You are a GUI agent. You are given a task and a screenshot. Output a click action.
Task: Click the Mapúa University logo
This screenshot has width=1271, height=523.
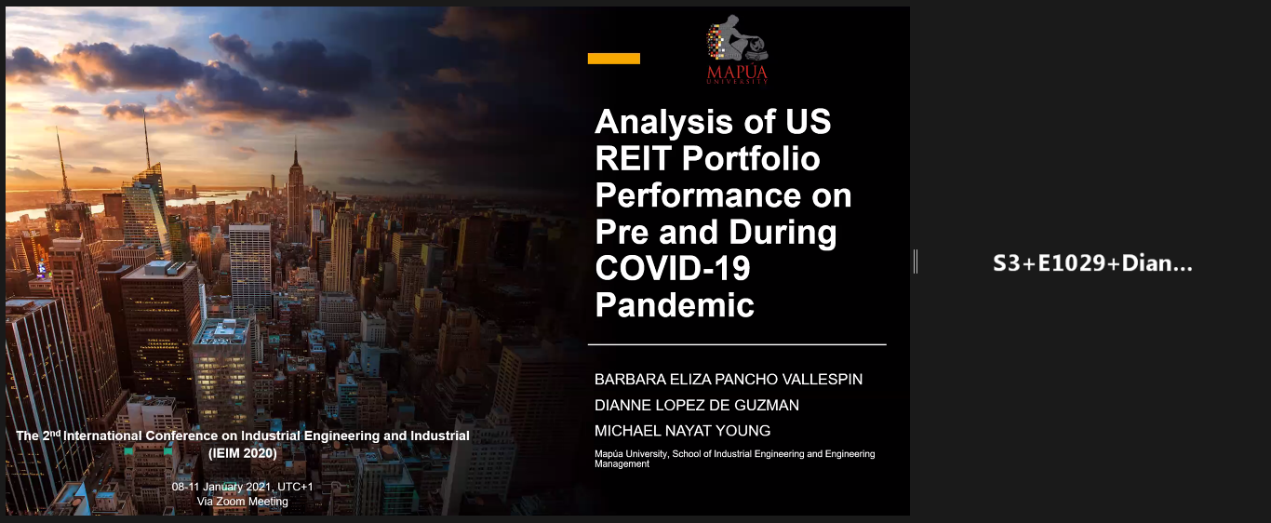click(x=737, y=49)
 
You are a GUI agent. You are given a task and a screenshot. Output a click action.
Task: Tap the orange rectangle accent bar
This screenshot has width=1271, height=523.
click(x=614, y=59)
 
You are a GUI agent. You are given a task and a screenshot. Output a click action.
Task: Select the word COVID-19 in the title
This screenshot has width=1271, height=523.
click(x=673, y=268)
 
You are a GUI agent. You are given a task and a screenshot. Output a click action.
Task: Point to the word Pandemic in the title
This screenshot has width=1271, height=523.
click(x=675, y=305)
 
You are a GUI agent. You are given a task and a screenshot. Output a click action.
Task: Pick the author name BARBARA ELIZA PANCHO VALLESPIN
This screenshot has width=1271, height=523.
click(x=729, y=379)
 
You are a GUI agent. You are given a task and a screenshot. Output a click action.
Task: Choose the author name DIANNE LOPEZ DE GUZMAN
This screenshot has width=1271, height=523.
click(x=697, y=405)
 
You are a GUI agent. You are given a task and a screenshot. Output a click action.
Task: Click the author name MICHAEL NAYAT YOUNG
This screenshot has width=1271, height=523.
click(x=683, y=431)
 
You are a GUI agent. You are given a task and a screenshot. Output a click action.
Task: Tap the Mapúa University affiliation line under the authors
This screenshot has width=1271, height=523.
click(x=735, y=459)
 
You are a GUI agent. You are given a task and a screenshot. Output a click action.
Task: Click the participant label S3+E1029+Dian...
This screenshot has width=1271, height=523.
click(x=1092, y=263)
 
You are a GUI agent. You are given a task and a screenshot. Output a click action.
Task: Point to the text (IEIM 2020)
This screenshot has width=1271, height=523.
click(x=243, y=453)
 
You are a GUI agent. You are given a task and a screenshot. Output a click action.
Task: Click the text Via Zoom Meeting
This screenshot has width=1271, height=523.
click(x=242, y=502)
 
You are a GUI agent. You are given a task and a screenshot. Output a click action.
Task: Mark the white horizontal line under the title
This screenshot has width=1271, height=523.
click(x=737, y=344)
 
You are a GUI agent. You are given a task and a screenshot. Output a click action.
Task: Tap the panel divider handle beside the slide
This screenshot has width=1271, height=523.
click(x=916, y=261)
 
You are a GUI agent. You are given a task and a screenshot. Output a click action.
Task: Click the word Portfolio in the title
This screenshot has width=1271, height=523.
click(x=751, y=158)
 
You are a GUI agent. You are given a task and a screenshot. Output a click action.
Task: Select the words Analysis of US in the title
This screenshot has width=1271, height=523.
click(x=713, y=121)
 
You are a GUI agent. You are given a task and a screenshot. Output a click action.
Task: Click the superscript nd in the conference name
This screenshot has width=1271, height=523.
click(x=55, y=433)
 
